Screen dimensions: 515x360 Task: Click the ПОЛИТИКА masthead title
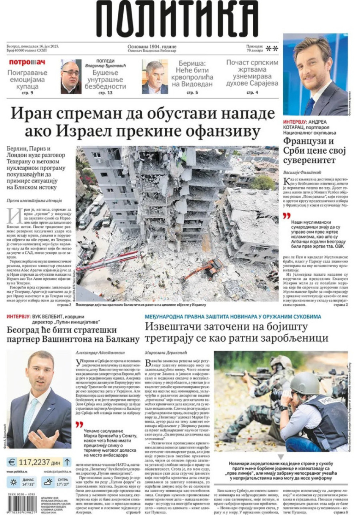tap(177, 19)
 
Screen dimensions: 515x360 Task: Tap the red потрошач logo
tap(27, 62)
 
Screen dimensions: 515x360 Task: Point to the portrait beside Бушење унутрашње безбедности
tap(71, 76)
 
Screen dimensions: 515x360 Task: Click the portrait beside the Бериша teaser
tap(155, 76)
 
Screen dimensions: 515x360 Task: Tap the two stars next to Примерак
tap(272, 49)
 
